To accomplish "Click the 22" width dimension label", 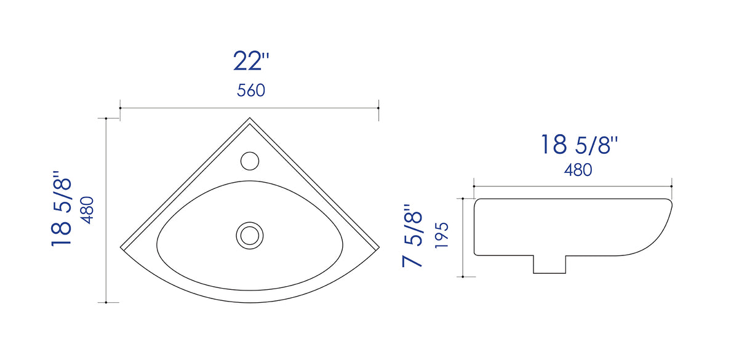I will (x=251, y=61).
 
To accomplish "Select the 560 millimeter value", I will (x=251, y=90).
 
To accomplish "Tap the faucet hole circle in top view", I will (x=249, y=161).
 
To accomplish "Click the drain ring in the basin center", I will (x=250, y=234).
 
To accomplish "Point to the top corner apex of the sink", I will (x=249, y=118).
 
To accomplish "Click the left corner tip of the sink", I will (x=121, y=246).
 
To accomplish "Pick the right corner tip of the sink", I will (x=378, y=246).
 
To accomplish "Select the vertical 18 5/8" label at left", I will (x=62, y=209).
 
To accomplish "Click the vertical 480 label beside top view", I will (x=87, y=209).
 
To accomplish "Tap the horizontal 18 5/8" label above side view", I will (x=579, y=145).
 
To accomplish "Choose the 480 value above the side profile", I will (x=578, y=169).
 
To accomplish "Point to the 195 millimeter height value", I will (x=441, y=234).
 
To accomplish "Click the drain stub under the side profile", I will (x=549, y=264).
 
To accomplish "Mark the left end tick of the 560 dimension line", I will (x=119, y=108).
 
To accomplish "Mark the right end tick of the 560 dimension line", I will (x=378, y=108).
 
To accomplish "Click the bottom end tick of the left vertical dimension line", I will (x=107, y=302).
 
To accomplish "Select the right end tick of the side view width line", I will (x=672, y=185).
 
